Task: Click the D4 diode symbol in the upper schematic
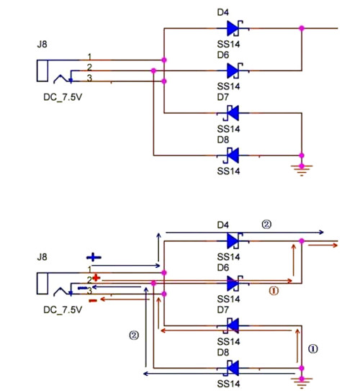pos(232,28)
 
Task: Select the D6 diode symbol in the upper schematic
pos(232,70)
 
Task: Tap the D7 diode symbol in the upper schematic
pos(232,113)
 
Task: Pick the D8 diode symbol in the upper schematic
pos(232,154)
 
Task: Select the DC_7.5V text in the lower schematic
pos(61,310)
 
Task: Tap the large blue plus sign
pos(94,257)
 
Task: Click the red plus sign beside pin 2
pos(94,277)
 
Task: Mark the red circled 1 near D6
pos(273,292)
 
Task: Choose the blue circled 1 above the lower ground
pos(312,346)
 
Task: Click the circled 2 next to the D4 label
pos(266,224)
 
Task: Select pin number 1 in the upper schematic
pos(89,56)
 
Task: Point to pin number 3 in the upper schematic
pos(89,78)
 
